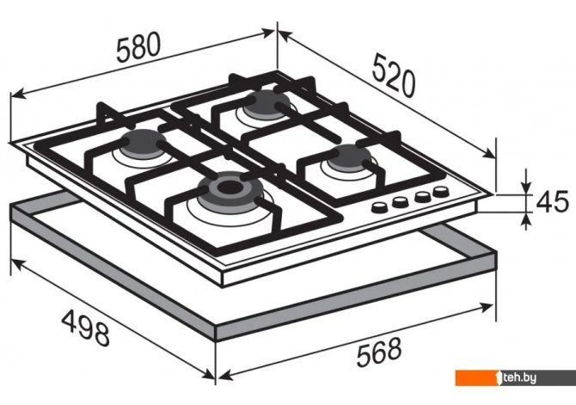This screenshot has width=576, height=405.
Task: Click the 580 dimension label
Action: pyautogui.click(x=138, y=47)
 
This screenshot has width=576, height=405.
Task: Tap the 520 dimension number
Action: pyautogui.click(x=394, y=76)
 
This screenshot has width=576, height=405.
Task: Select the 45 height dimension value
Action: pyautogui.click(x=552, y=202)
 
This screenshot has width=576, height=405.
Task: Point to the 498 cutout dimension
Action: pyautogui.click(x=86, y=328)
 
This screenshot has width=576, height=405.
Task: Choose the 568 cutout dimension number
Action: pyautogui.click(x=379, y=352)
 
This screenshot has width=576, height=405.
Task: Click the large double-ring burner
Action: pyautogui.click(x=230, y=192)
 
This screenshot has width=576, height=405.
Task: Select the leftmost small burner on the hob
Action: pyautogui.click(x=143, y=144)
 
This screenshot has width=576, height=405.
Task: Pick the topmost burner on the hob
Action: pyautogui.click(x=267, y=104)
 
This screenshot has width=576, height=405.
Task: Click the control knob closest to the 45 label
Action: pyautogui.click(x=441, y=192)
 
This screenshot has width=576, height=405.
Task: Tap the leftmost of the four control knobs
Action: pyautogui.click(x=379, y=207)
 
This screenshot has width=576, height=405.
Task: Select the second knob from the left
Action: pyautogui.click(x=400, y=202)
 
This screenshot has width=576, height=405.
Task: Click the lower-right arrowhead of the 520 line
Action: pyautogui.click(x=489, y=154)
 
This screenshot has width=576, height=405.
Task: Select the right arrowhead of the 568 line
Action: pyautogui.click(x=486, y=306)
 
